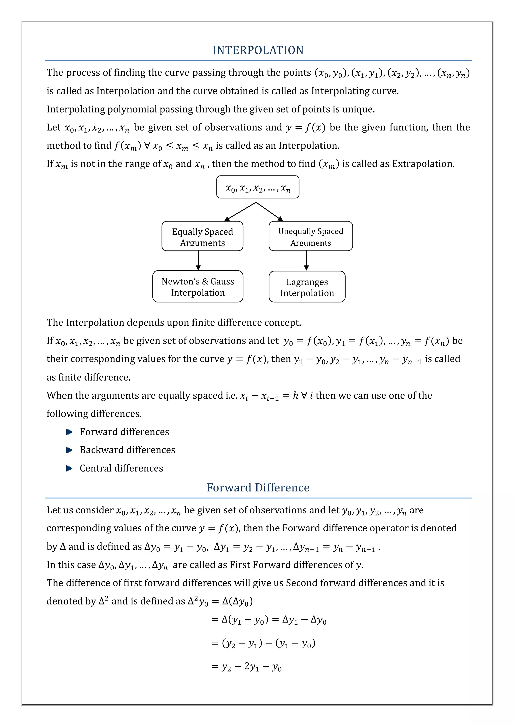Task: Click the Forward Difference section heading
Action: [x=258, y=487]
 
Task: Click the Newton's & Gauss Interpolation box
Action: [x=198, y=287]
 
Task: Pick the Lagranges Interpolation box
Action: [x=307, y=287]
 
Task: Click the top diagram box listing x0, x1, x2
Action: [x=258, y=187]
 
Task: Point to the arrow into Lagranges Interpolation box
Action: [x=306, y=261]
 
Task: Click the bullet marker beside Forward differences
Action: [x=69, y=432]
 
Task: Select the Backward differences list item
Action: [x=127, y=450]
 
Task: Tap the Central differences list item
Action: [x=121, y=468]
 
